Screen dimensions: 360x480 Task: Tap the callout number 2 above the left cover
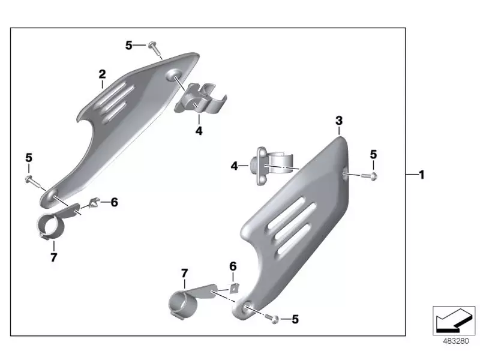click(102, 74)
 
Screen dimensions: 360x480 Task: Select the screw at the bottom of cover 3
click(274, 319)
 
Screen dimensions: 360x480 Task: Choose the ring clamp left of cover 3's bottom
click(184, 303)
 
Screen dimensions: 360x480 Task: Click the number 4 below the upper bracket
click(199, 130)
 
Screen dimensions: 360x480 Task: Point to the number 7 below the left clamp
click(53, 257)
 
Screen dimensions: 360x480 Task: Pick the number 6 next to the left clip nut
click(114, 202)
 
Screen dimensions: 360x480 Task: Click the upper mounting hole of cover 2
click(176, 75)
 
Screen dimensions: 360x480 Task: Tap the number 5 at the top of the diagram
click(128, 45)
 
